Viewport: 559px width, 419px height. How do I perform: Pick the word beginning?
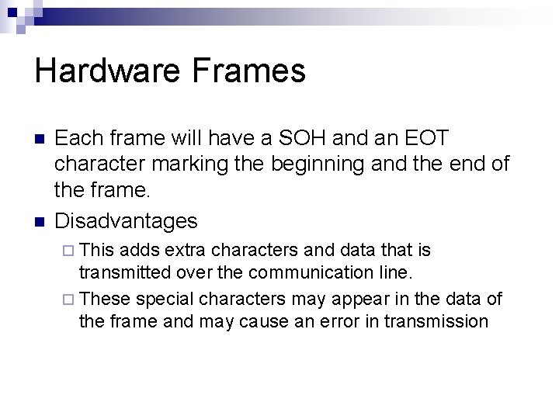(345, 164)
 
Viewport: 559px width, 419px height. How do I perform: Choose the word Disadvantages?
(127, 221)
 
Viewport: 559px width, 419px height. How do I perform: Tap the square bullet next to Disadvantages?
(40, 222)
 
